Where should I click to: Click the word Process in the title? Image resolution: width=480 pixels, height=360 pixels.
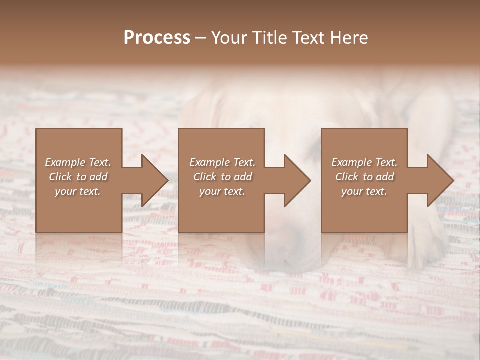157,38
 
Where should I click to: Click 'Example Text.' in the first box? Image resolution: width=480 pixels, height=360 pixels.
78,162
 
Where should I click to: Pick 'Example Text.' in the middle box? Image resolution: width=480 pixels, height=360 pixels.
222,162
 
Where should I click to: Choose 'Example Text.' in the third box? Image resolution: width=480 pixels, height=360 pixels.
364,162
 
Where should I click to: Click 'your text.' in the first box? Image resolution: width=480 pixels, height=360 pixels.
78,191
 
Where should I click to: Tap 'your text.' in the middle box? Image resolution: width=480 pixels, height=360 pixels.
222,191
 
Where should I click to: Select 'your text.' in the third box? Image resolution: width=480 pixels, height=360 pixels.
364,191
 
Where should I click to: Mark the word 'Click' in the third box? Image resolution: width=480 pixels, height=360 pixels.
347,177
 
